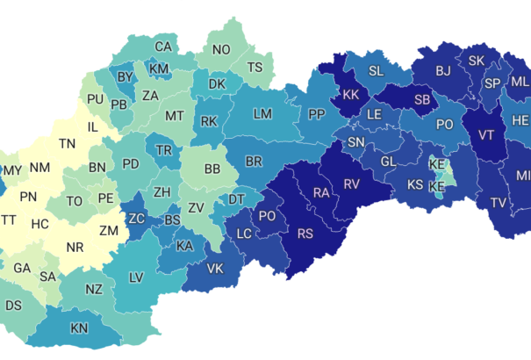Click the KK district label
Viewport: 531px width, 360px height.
(x=350, y=95)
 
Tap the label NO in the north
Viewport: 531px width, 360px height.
(x=221, y=50)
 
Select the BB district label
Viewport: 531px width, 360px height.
(x=212, y=169)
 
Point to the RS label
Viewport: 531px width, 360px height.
(x=305, y=233)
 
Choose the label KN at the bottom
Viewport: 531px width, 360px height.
(x=79, y=328)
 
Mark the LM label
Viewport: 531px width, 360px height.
(x=262, y=114)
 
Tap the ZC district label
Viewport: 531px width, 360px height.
(x=137, y=218)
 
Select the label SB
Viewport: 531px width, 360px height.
(x=422, y=100)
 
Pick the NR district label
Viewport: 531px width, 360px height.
(x=75, y=248)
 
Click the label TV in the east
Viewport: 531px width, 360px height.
(x=498, y=203)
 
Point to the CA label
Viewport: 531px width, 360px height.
(x=163, y=47)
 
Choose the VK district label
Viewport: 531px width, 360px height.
(x=215, y=269)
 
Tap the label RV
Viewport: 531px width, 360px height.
(x=352, y=184)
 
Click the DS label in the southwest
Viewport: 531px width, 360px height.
(x=14, y=306)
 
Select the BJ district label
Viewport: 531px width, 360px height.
(x=443, y=70)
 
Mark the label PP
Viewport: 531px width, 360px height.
(x=316, y=114)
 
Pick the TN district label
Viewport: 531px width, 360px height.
(x=67, y=143)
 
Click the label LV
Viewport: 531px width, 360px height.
(x=136, y=277)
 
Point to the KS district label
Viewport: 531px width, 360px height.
(x=415, y=185)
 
